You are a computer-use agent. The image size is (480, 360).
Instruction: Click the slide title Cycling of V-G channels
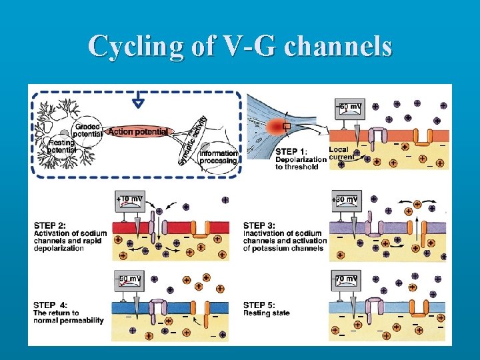240,47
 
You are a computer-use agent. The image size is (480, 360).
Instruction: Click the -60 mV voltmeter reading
352,107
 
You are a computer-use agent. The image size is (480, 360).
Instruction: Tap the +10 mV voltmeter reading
131,199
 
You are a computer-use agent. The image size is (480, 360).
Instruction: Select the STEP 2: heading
51,225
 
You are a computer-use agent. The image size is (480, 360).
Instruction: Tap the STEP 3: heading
261,225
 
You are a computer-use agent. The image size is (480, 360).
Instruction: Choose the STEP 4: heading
51,305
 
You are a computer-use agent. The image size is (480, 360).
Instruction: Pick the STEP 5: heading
261,305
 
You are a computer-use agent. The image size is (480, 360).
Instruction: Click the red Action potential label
137,132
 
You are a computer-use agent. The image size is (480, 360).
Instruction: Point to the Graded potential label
87,130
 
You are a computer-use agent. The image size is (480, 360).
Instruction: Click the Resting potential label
61,146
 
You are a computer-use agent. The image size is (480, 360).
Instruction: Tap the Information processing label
218,157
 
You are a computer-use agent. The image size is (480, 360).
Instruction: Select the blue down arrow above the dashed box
138,101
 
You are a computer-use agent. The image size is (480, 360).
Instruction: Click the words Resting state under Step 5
267,313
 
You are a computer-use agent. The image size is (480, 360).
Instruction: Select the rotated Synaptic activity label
192,140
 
